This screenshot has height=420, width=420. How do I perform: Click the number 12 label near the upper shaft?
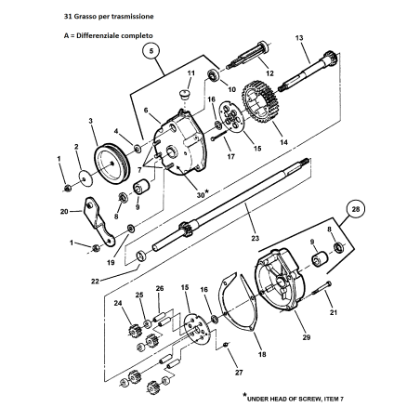pyautogui.click(x=268, y=72)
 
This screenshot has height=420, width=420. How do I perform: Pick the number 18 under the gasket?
pyautogui.click(x=246, y=354)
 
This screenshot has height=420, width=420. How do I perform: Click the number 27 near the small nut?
pyautogui.click(x=239, y=373)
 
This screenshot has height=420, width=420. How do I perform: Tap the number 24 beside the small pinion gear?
pyautogui.click(x=117, y=303)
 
